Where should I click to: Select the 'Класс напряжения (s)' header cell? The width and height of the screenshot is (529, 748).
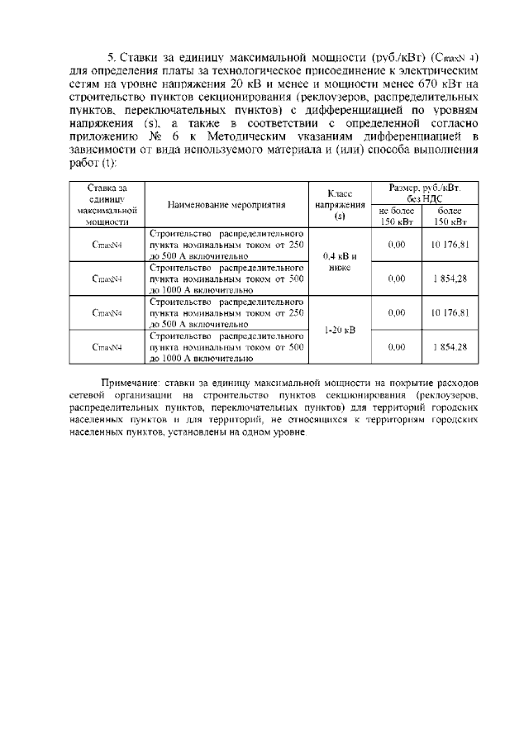pos(339,205)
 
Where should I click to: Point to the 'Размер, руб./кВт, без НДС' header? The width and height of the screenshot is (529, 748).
pos(425,193)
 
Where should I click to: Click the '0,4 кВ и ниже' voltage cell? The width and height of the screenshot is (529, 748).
pos(339,262)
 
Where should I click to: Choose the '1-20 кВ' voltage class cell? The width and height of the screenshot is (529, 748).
pos(339,330)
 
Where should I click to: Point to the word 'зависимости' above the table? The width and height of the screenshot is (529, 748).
pos(98,150)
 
